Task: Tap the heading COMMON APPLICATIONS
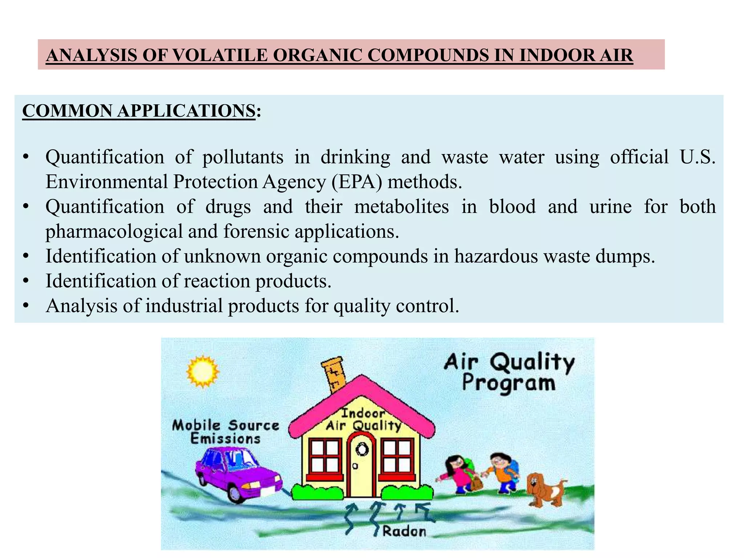139,111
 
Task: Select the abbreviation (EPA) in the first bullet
357,182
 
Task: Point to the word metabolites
401,206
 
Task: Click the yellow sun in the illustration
202,372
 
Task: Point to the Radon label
404,531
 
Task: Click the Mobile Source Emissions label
226,432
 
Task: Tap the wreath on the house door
361,450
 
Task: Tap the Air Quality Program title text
509,372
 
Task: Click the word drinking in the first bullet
355,157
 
